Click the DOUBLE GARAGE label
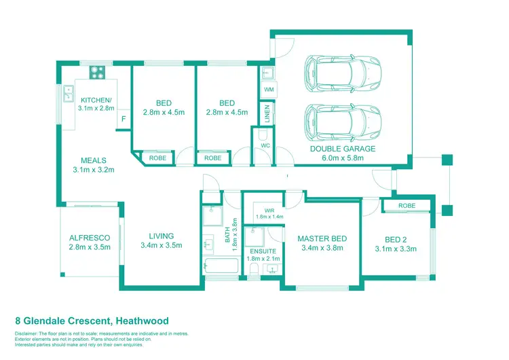[342, 149]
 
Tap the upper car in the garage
[343, 70]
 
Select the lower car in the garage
[343, 120]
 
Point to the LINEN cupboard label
[267, 113]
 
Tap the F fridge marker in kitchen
[124, 120]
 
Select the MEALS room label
[93, 161]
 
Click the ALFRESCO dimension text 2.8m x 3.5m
[90, 248]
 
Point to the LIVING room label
[162, 236]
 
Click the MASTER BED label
[322, 238]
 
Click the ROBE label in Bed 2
[407, 205]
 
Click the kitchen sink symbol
[69, 93]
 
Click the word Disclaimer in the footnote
[28, 334]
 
